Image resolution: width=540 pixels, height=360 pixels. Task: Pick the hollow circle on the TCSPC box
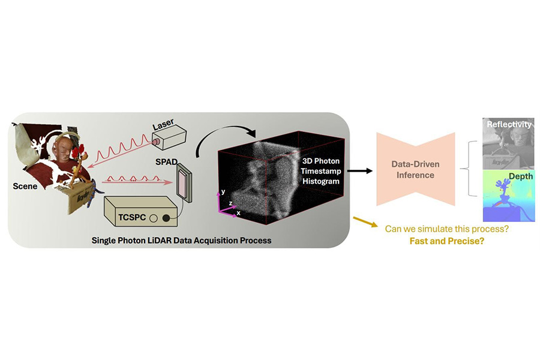pyautogui.click(x=154, y=218)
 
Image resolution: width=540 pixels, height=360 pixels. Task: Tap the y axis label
pyautogui.click(x=223, y=191)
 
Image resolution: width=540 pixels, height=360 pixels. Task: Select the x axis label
pyautogui.click(x=238, y=212)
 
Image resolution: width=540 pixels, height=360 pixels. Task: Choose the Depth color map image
pyautogui.click(x=508, y=196)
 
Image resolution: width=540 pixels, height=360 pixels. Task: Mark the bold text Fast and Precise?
pyautogui.click(x=447, y=241)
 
